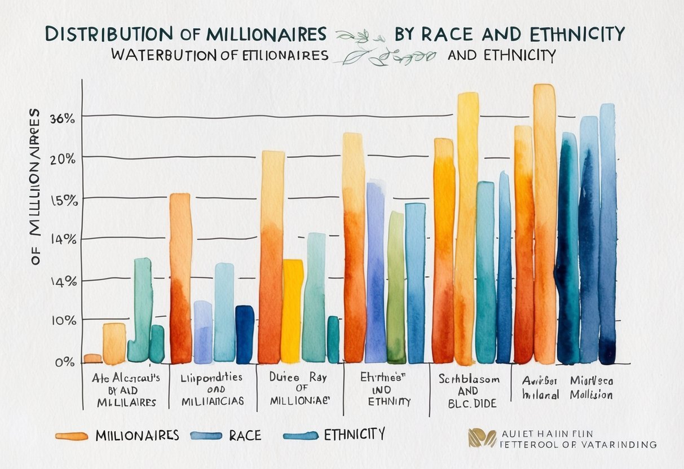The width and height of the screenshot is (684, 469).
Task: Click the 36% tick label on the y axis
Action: (62, 119)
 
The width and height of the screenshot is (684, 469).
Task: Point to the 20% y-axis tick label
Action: (62, 159)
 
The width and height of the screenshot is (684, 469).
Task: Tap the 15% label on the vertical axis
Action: (62, 201)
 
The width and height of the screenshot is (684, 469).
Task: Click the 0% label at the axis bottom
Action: (64, 362)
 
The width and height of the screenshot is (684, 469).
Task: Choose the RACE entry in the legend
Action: (245, 435)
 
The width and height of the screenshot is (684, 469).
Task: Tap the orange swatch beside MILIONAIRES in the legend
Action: (72, 436)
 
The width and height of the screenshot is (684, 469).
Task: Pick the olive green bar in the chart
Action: (396, 287)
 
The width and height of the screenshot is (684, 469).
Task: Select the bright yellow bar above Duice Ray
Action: (292, 310)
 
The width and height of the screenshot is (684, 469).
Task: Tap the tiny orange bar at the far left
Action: (92, 358)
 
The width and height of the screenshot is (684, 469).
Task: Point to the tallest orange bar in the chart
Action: (544, 225)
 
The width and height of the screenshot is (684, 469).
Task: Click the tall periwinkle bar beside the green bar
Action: (375, 271)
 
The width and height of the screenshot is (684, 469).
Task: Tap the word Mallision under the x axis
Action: (590, 395)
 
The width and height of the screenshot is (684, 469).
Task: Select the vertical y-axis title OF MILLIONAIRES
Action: (35, 186)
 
